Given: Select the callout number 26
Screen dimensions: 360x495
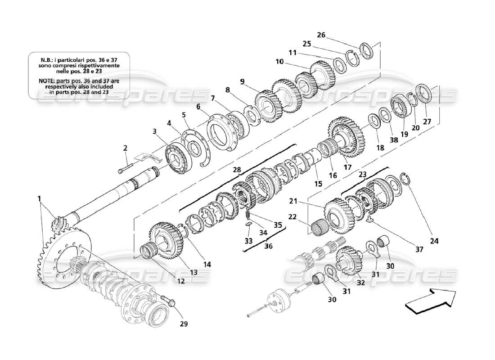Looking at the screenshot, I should tap(333, 35).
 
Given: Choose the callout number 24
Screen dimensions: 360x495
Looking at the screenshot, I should tap(434, 240).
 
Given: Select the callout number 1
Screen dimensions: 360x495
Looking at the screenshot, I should tap(39, 198).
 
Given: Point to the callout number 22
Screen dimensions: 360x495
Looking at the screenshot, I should tap(293, 216).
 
